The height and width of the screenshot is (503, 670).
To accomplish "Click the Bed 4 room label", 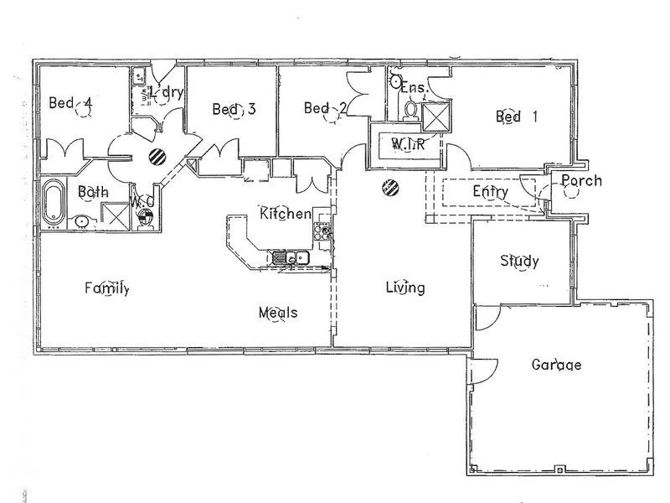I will (70, 104).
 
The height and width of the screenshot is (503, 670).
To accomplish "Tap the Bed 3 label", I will (234, 109).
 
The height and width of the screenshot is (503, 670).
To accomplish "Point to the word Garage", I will (557, 365).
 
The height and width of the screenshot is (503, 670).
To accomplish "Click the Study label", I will (519, 261).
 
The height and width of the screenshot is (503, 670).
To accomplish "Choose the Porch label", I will (581, 180).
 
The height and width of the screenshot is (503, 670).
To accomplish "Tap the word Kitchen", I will (285, 214).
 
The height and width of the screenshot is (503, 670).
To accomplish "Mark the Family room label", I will (106, 289).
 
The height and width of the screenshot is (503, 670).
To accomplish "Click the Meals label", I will (278, 313).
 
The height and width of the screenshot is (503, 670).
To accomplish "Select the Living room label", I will (405, 288).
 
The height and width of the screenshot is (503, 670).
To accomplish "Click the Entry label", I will (490, 192).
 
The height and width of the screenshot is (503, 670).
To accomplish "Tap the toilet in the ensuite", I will (410, 109).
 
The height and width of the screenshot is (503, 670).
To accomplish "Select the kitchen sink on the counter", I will (286, 258).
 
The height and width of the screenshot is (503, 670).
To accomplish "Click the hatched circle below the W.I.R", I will (389, 187).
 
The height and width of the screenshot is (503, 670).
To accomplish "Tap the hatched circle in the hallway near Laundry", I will (157, 155).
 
